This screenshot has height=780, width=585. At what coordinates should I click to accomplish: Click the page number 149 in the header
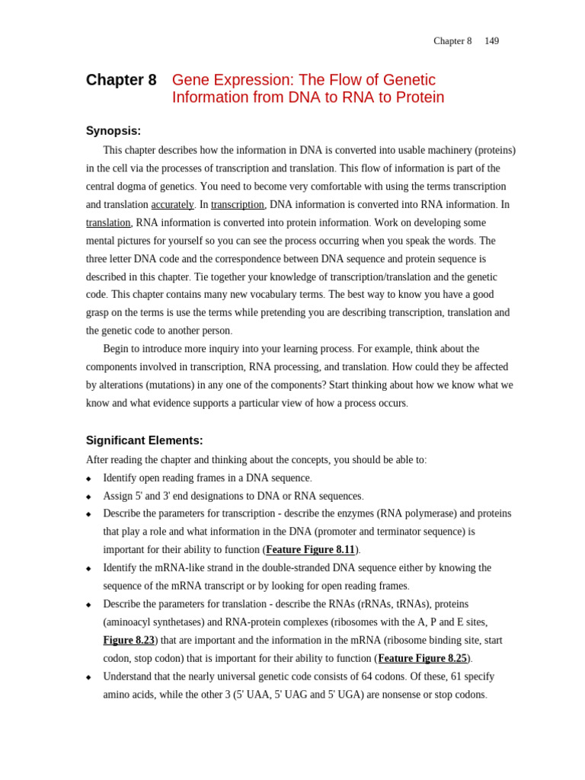[x=491, y=41]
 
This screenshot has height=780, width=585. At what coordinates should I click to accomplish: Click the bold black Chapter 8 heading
[x=121, y=80]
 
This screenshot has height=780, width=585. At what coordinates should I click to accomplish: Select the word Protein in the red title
[x=420, y=97]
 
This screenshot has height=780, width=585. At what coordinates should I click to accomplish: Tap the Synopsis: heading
[x=113, y=131]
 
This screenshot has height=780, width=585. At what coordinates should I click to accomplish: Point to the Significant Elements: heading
[x=144, y=440]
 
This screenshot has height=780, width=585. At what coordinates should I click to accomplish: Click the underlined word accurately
[x=172, y=205]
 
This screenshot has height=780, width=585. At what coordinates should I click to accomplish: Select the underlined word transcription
[x=238, y=205]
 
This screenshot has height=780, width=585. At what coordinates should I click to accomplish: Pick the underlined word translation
[x=108, y=223]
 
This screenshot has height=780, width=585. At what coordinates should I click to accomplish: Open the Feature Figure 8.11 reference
[x=310, y=550]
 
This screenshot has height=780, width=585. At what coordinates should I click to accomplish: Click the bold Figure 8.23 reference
[x=129, y=641]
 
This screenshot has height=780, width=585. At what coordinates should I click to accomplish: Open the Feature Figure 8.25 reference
[x=422, y=659]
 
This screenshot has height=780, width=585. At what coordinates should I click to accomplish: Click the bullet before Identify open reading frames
[x=88, y=479]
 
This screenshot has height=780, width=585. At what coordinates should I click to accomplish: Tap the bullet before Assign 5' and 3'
[x=88, y=497]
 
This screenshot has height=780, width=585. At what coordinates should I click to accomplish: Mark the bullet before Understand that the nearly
[x=88, y=677]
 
